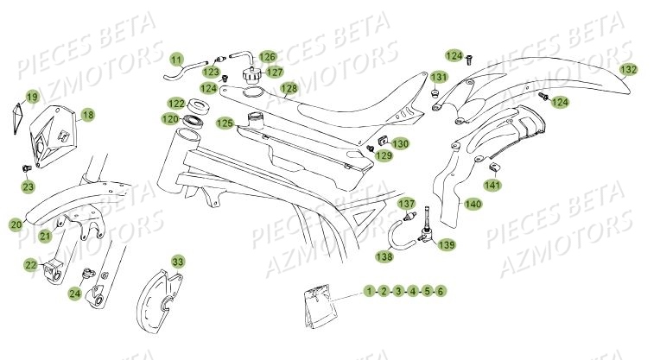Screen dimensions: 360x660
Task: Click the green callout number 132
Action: pos(629,69)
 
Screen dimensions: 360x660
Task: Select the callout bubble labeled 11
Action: pos(176,60)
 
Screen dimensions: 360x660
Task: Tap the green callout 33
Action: pos(177,261)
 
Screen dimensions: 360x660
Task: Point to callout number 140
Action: pos(497,205)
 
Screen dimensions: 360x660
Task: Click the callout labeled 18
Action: pos(87,115)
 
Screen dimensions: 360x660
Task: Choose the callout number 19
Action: pos(32,97)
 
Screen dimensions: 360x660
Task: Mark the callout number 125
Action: pos(225,123)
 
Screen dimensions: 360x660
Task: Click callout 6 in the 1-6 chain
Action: pos(441,292)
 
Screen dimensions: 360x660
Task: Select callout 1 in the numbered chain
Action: pos(369,292)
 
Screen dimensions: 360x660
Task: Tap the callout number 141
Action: pos(492,185)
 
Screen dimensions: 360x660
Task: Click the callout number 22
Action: pos(30,265)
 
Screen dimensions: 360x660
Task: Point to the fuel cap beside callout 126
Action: pos(251,73)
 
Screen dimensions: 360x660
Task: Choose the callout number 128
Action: pos(289,88)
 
